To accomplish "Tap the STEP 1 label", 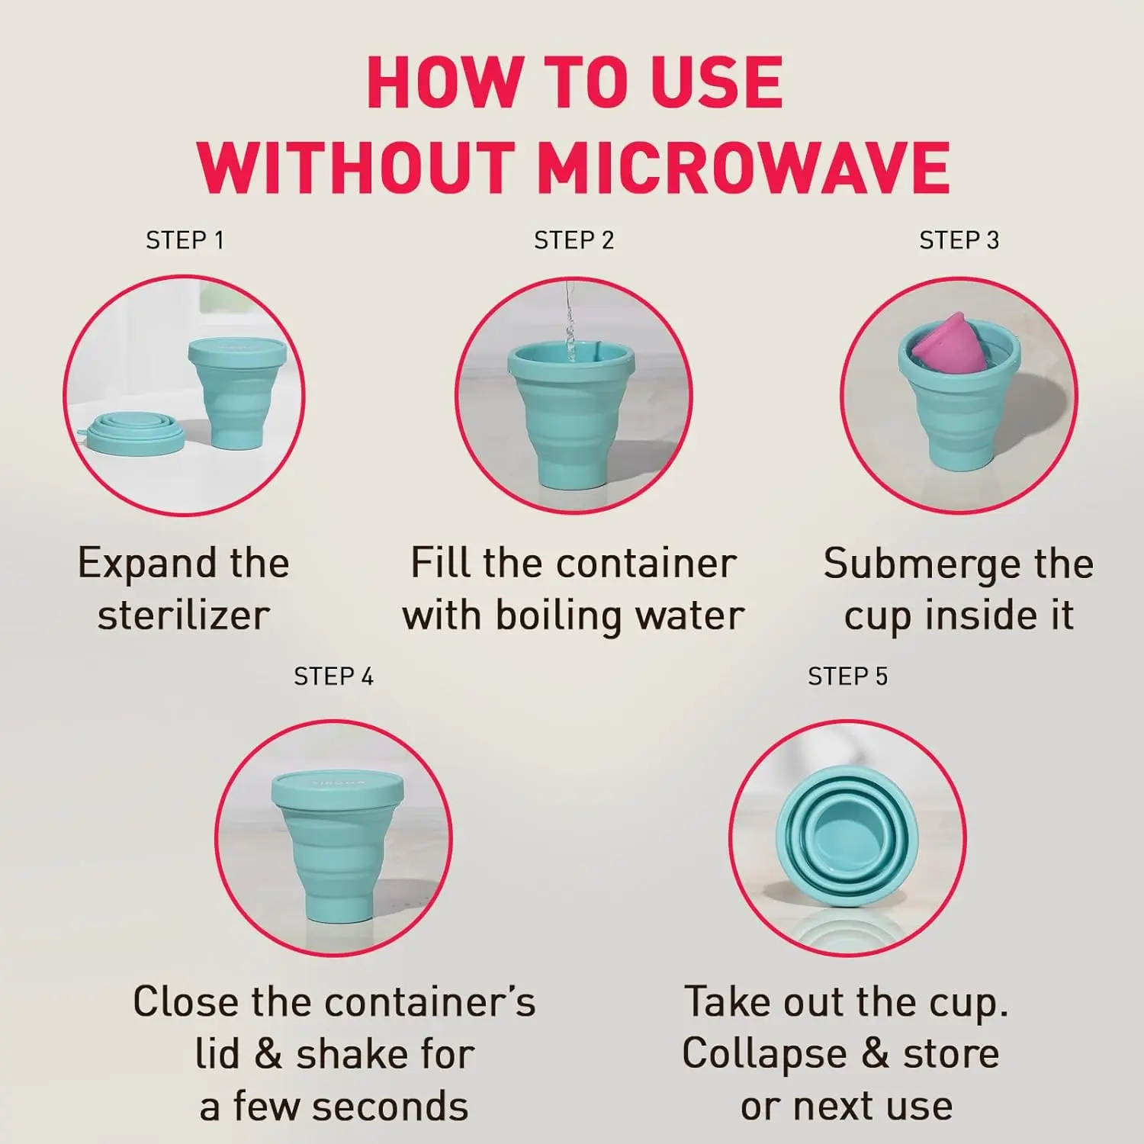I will coord(185,240).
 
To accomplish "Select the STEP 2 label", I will coord(574,240).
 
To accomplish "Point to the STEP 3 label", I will coord(959,240).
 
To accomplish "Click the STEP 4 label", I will coord(333,676).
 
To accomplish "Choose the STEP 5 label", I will coord(847,676).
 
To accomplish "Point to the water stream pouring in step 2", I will coord(569,320).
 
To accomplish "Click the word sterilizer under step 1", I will coord(184,615).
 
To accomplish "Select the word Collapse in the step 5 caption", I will coord(764,1055).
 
